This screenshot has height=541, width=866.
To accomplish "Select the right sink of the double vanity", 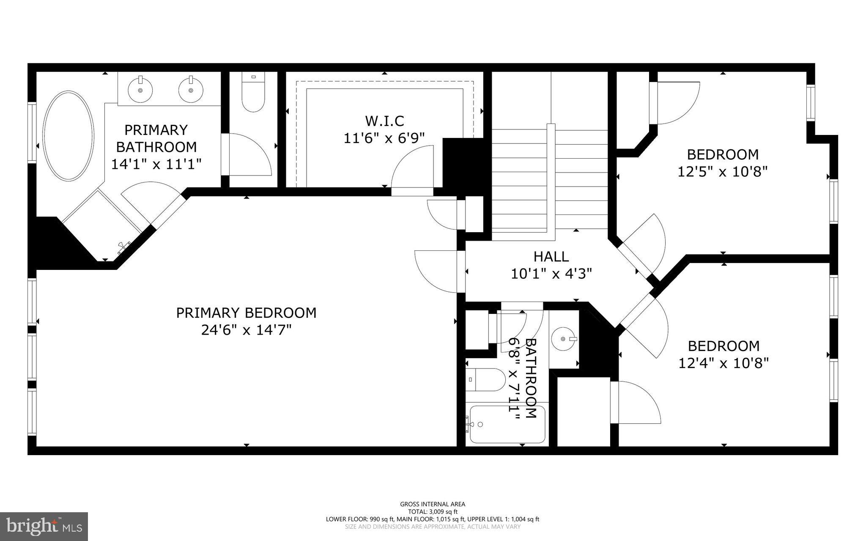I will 191,90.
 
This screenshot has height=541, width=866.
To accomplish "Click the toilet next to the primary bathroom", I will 253,95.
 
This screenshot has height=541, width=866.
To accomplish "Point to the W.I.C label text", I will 384,121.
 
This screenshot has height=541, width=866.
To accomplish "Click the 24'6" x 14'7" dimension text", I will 246,330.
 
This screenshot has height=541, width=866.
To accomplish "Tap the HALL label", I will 551,256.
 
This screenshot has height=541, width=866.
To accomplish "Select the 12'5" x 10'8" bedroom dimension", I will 722,172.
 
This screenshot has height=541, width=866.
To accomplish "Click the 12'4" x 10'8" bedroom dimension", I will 723,363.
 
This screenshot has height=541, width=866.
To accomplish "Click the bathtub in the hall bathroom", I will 507,424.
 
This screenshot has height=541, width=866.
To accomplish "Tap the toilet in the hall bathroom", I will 486,379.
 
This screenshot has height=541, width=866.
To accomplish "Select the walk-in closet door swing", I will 412,167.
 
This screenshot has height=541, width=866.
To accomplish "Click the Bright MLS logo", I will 44,526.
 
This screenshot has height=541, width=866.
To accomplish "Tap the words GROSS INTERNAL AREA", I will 433,504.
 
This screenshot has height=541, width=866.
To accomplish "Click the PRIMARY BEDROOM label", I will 246,313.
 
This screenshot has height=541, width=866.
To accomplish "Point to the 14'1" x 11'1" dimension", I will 156,164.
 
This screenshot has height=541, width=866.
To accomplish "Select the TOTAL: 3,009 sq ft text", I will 433,511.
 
